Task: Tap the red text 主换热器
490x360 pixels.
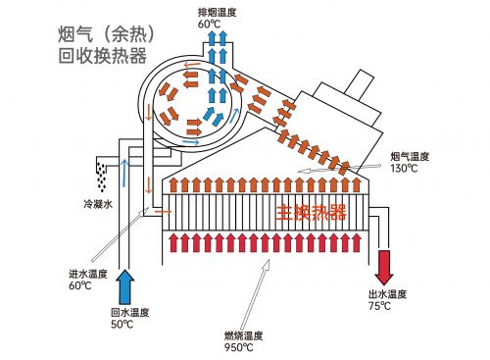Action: (313, 212)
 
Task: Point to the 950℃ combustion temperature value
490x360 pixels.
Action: (239, 346)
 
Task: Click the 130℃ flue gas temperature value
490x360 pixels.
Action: (403, 168)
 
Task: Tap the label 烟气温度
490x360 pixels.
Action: (408, 156)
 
